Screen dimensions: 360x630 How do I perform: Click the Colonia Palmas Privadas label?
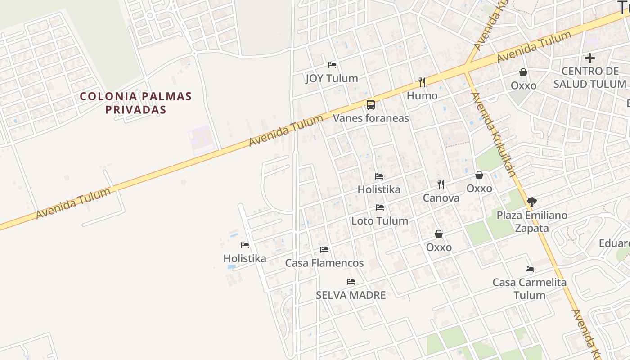135,103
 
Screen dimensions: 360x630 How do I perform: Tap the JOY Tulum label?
332,78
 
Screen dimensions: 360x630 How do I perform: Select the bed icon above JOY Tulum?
332,65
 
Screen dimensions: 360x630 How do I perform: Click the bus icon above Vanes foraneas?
371,105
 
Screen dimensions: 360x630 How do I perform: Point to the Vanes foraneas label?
371,118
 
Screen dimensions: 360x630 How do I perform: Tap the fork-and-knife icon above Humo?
422,82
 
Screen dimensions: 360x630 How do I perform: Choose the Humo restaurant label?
422,96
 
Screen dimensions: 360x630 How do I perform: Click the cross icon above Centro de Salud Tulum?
590,58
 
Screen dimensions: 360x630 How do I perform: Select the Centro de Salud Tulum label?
590,77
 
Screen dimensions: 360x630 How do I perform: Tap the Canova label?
441,198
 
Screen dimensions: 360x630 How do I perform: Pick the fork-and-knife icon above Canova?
441,184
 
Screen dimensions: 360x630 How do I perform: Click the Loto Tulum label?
380,221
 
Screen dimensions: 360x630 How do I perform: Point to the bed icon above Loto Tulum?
380,207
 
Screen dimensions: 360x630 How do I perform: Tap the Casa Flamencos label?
324,263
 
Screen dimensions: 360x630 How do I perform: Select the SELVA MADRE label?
351,295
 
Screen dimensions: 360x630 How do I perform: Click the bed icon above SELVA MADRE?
351,282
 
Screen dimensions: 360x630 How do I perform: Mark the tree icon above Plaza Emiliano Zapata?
531,202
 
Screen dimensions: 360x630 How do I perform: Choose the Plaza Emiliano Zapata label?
532,221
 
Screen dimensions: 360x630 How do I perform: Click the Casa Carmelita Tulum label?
530,288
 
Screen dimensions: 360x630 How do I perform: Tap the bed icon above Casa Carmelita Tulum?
530,269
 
